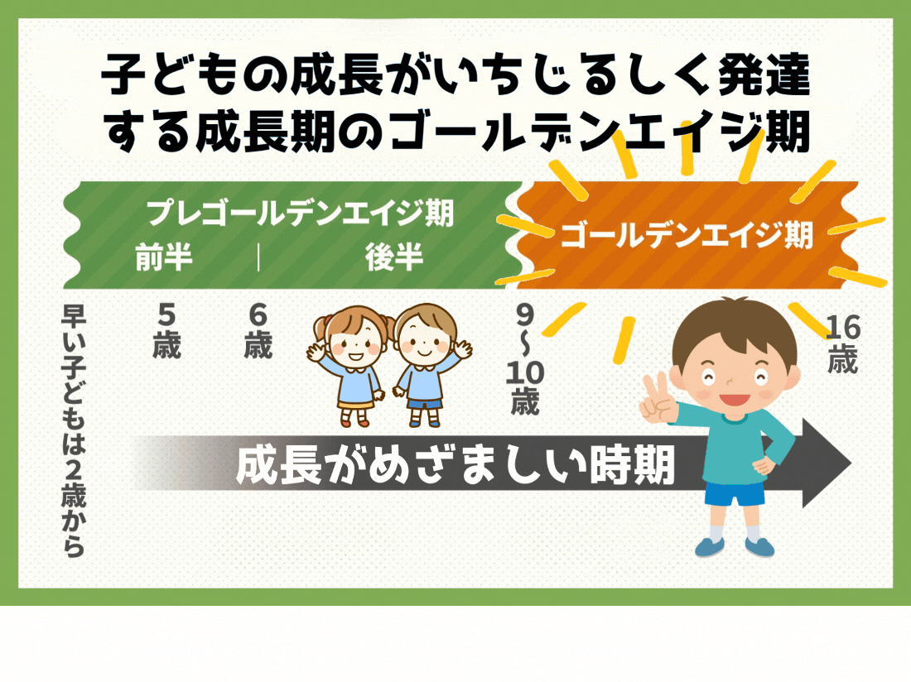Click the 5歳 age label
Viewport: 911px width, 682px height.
[x=166, y=331]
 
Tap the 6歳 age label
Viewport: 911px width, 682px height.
[x=258, y=331]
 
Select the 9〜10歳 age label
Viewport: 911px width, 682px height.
[x=524, y=359]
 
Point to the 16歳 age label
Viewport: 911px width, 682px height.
[x=842, y=344]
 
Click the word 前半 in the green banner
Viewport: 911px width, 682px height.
[x=164, y=257]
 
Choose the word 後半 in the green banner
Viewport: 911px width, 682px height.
[x=394, y=257]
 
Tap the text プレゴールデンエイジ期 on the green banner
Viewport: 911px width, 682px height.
[x=300, y=213]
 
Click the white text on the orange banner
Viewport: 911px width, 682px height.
[x=687, y=235]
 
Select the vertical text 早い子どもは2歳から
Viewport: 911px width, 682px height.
[x=74, y=430]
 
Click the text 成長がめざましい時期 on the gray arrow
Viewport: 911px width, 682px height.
[x=455, y=464]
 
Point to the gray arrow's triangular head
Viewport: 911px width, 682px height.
[x=827, y=463]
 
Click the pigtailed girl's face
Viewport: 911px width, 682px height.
[x=355, y=343]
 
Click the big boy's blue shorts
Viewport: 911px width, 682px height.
[x=735, y=492]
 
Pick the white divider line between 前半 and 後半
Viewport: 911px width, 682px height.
[x=258, y=257]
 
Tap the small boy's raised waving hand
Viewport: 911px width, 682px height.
[x=462, y=349]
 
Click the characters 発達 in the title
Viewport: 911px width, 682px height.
[x=764, y=74]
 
